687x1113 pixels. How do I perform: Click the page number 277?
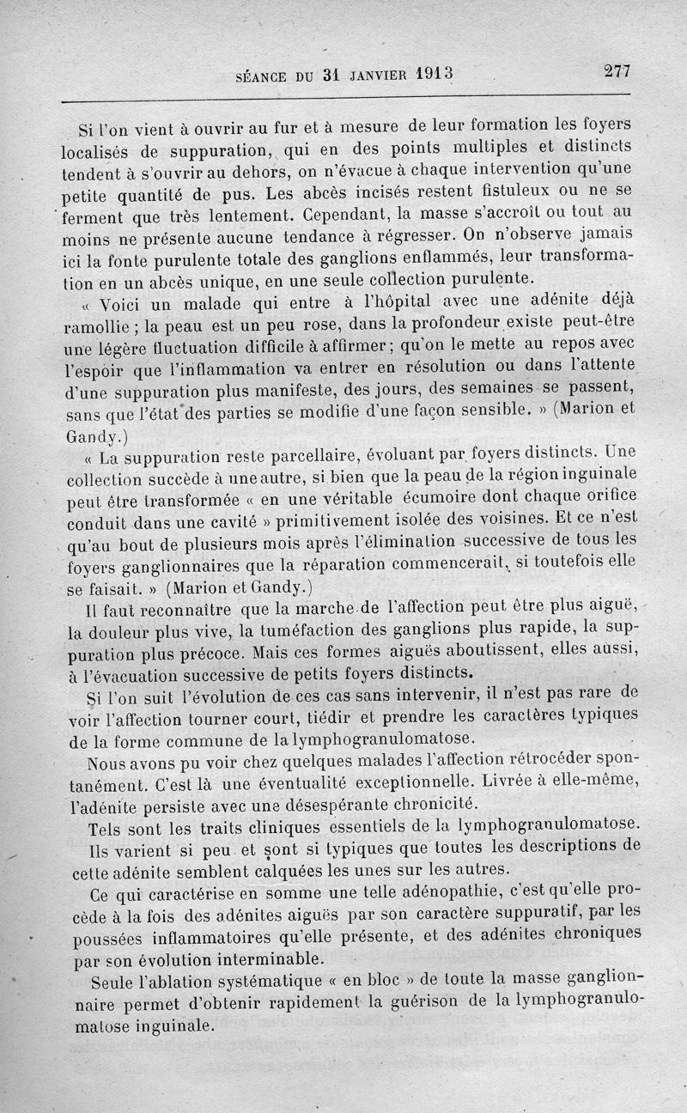pos(617,71)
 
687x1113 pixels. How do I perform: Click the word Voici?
pos(126,305)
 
